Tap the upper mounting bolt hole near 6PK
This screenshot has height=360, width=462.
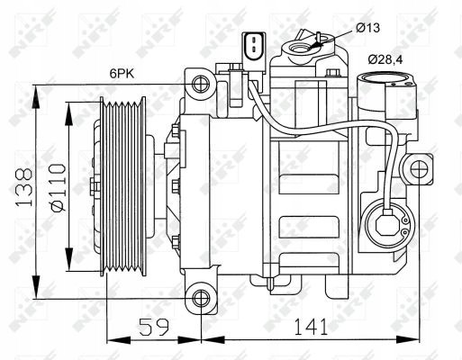click(x=199, y=85)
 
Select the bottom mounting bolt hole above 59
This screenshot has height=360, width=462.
click(x=199, y=299)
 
